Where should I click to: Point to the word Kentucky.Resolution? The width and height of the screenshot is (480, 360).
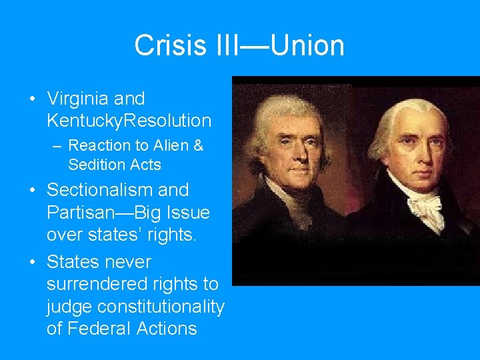(129, 121)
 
